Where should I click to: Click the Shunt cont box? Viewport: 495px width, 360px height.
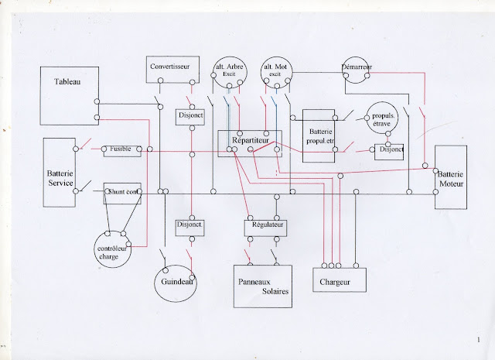[x=121, y=193]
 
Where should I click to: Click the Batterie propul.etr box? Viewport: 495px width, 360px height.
[x=318, y=135]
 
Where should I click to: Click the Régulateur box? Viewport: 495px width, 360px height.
[x=265, y=226]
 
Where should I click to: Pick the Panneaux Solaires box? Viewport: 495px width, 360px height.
[x=263, y=286]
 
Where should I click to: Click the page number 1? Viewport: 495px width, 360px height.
[x=479, y=340]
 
